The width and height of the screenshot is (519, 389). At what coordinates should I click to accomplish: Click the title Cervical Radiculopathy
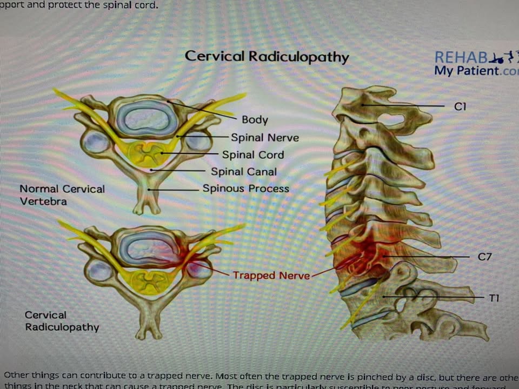pyautogui.click(x=267, y=57)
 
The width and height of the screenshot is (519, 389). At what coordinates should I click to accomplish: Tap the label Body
pyautogui.click(x=255, y=120)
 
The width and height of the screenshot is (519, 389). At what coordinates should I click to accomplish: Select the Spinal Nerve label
pyautogui.click(x=265, y=138)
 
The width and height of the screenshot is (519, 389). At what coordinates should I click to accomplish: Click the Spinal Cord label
pyautogui.click(x=253, y=155)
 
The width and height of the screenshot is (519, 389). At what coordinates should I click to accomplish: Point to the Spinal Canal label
pyautogui.click(x=244, y=172)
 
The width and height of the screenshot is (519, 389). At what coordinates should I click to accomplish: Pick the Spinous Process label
pyautogui.click(x=246, y=189)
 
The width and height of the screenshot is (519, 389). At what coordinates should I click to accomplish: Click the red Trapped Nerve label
pyautogui.click(x=271, y=276)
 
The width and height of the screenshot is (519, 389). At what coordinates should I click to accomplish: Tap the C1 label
pyautogui.click(x=460, y=106)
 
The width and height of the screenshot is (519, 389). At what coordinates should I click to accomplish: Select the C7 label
pyautogui.click(x=484, y=257)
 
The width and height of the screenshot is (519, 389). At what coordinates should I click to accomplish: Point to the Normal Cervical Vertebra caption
pyautogui.click(x=62, y=194)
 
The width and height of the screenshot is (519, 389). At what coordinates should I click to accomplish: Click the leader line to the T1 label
pyautogui.click(x=432, y=297)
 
